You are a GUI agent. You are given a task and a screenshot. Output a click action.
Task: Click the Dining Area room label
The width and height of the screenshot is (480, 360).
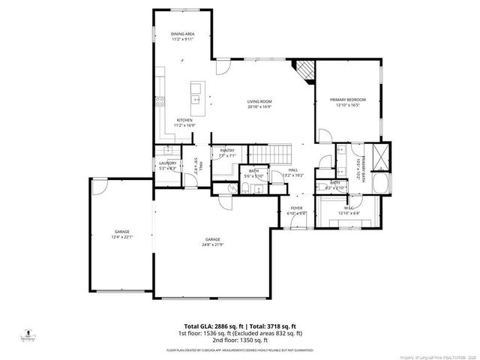(183, 34)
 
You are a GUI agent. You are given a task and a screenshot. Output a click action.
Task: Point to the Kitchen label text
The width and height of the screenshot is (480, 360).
(184, 121)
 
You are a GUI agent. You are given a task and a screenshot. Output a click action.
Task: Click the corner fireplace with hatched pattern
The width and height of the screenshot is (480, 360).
(303, 70)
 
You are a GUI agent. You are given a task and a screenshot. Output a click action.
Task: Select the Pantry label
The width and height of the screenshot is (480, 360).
(226, 151)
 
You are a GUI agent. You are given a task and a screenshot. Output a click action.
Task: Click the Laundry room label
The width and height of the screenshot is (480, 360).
(168, 163)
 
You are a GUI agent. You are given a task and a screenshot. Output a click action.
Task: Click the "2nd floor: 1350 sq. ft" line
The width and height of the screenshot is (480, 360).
(240, 340)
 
